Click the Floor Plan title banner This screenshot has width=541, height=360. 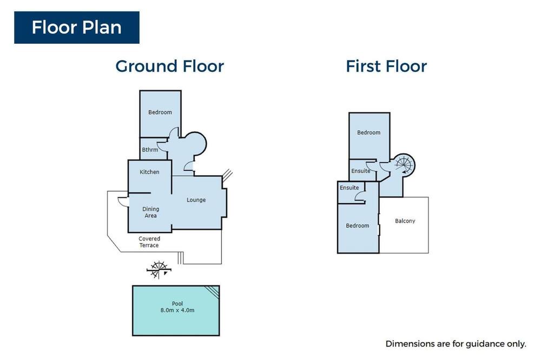(77, 28)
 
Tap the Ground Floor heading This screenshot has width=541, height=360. (170, 66)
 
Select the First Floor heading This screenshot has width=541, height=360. (386, 66)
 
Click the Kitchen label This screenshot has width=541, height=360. (149, 172)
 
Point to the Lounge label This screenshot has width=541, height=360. (196, 200)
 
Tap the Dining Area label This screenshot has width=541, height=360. (151, 212)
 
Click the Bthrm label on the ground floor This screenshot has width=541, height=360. (150, 150)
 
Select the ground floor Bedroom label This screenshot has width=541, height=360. (160, 112)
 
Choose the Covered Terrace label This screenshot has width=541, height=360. (149, 242)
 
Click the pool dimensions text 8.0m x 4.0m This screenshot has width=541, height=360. (177, 310)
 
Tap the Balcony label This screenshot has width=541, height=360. (405, 221)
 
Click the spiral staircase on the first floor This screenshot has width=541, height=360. (404, 165)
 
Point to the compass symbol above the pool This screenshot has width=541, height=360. (159, 269)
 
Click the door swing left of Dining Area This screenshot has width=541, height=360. (123, 202)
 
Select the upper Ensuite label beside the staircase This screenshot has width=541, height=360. (360, 171)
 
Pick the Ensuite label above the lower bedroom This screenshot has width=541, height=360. (349, 188)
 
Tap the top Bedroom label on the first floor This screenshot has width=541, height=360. (369, 132)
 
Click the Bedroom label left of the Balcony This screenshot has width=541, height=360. (358, 225)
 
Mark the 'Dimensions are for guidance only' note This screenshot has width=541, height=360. (456, 344)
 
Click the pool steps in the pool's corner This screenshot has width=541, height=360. (212, 292)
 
